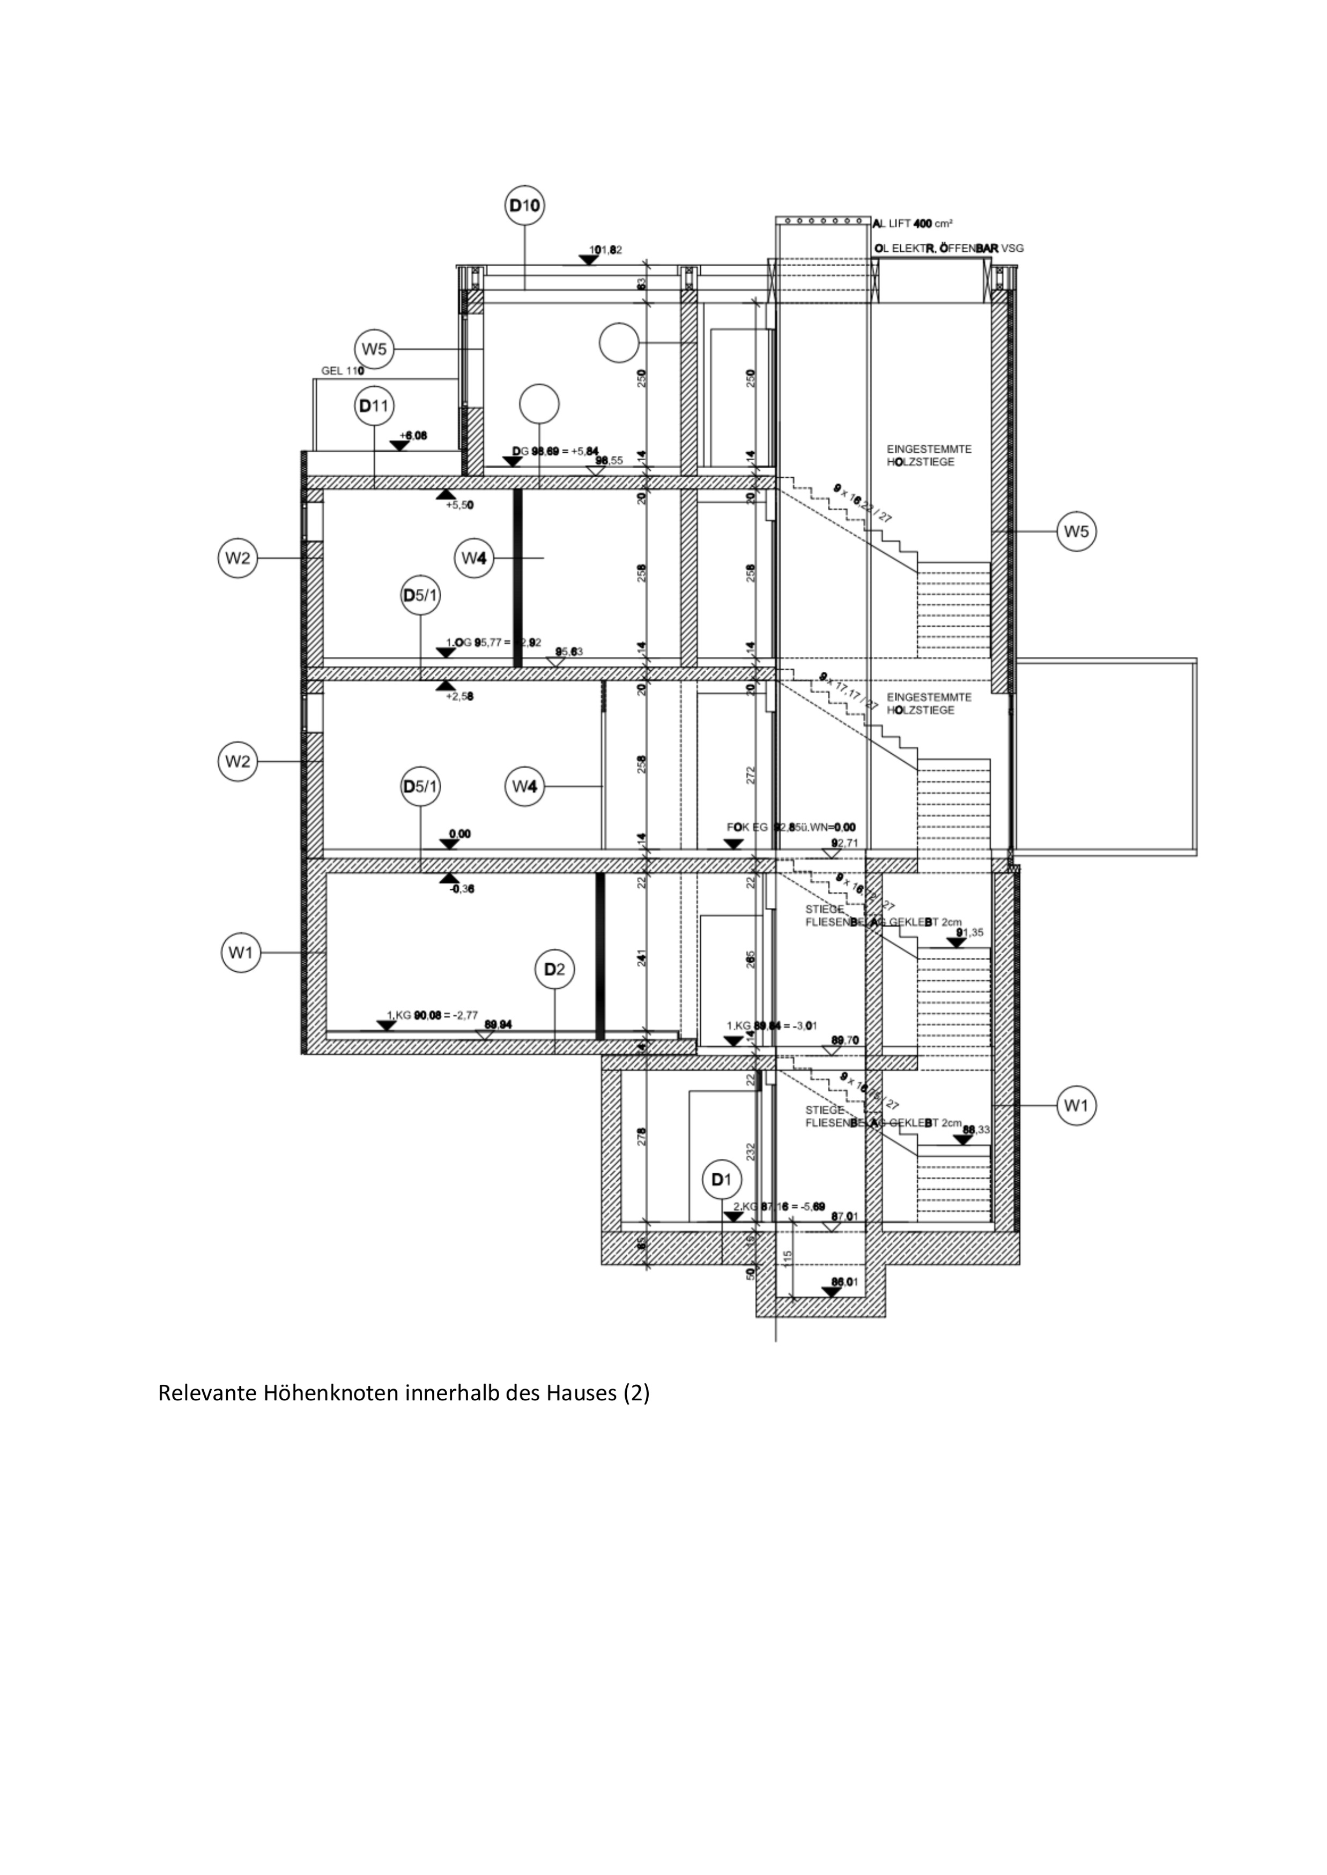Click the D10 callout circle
pyautogui.click(x=524, y=207)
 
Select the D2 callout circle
pyautogui.click(x=554, y=969)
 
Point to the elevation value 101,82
pyautogui.click(x=605, y=250)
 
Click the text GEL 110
pyautogui.click(x=342, y=370)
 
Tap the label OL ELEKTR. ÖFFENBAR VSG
pyautogui.click(x=948, y=248)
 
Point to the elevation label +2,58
pyautogui.click(x=459, y=696)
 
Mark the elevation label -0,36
pyautogui.click(x=462, y=889)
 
